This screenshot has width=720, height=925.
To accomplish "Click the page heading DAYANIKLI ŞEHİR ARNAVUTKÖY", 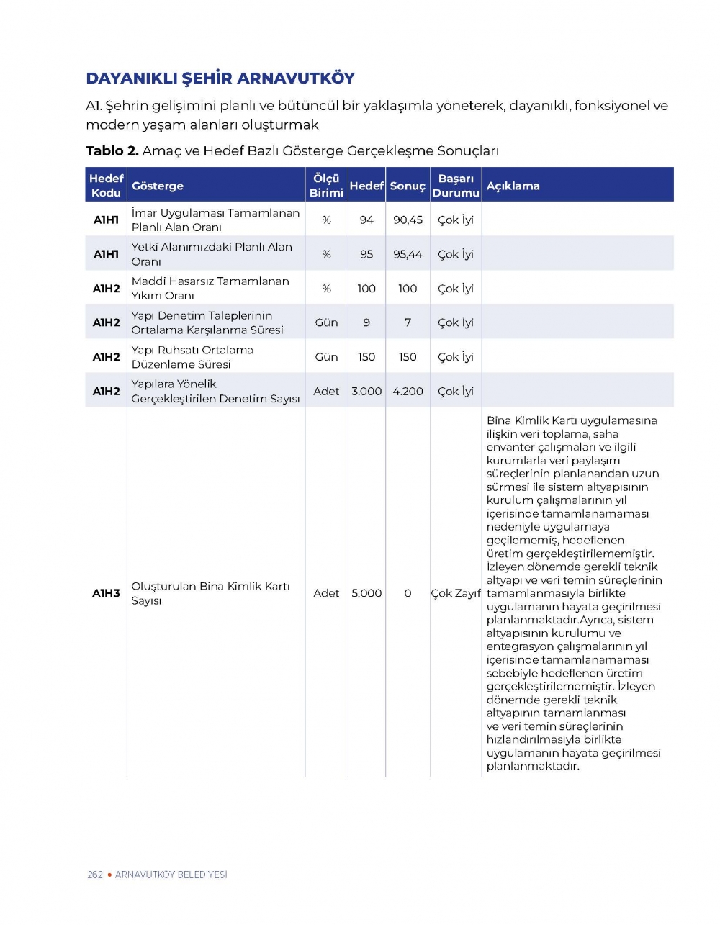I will (220, 78).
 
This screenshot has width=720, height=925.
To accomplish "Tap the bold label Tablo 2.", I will (112, 151).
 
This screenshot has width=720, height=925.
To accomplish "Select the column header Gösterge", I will (157, 186).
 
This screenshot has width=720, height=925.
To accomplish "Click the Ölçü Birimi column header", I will (326, 186).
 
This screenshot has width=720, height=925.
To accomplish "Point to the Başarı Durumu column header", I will (456, 186).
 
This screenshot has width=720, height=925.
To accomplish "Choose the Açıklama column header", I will (513, 186).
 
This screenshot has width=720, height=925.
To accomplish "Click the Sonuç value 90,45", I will (408, 220).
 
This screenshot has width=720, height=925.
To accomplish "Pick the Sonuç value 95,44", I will (408, 254).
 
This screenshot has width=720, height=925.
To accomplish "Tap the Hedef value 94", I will (366, 220).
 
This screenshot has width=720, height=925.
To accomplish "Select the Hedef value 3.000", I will (366, 392).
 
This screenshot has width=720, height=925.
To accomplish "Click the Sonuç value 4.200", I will (408, 392).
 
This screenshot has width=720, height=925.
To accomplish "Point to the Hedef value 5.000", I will (366, 593).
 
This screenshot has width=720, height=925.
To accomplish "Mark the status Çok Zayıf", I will (455, 593).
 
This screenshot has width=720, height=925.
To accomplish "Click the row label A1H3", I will (106, 593).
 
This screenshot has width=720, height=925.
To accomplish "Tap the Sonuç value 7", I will (408, 322).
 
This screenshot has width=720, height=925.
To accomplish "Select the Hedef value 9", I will (366, 322).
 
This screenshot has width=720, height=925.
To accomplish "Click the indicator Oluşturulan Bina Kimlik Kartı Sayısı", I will (210, 593).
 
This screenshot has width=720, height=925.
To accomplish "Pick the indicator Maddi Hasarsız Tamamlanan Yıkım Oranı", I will (210, 289).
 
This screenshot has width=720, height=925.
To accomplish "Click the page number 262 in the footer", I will (94, 875).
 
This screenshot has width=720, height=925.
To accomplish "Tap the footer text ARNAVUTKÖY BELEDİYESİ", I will (171, 875).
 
